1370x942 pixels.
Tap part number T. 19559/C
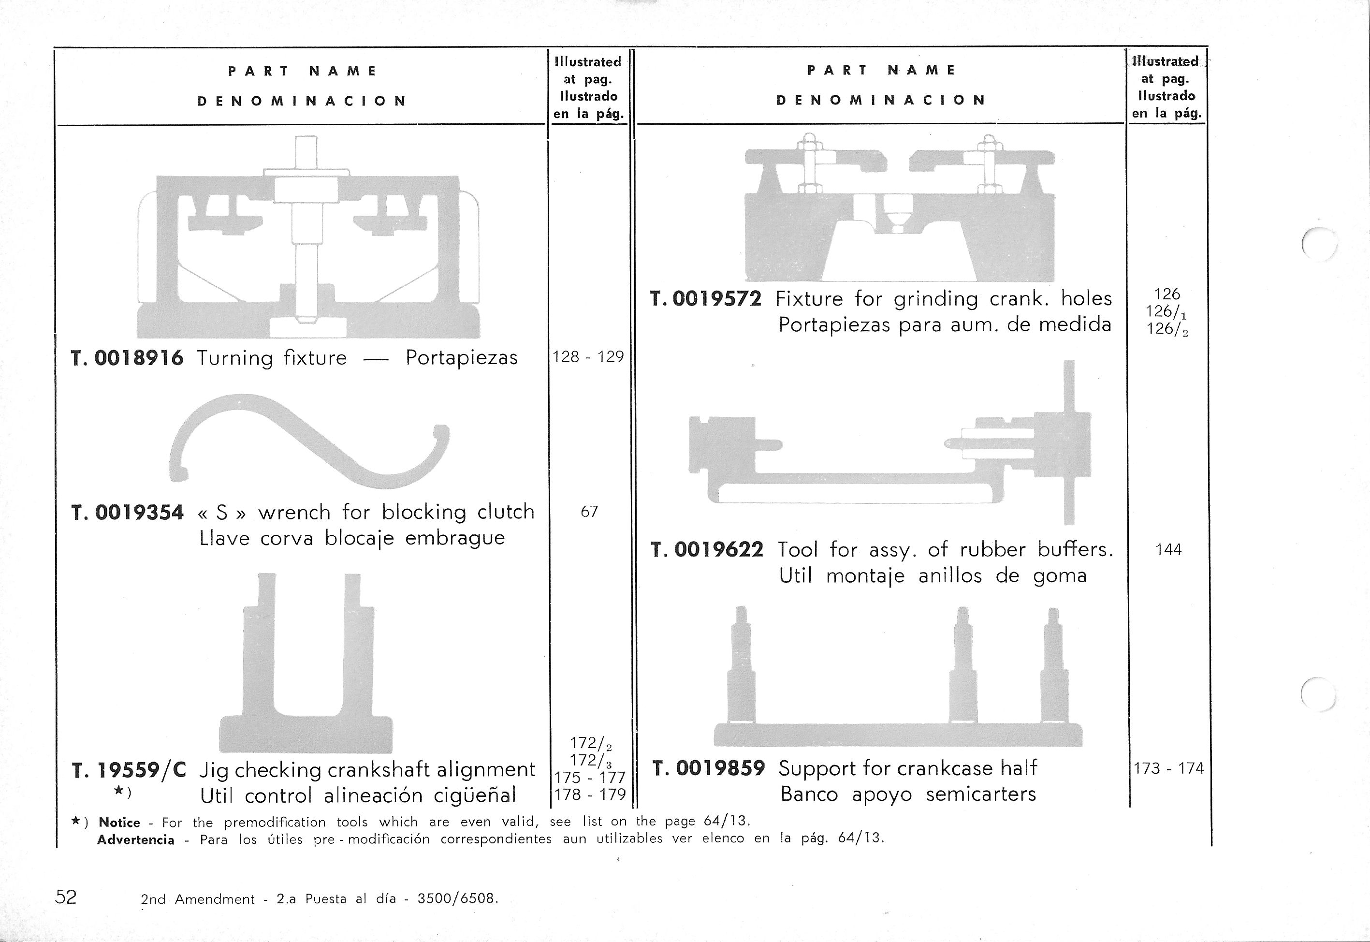pos(129,770)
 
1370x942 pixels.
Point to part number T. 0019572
pos(706,299)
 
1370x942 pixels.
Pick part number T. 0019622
pos(707,550)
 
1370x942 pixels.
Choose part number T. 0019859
pos(709,768)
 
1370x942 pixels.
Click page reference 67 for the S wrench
pos(589,512)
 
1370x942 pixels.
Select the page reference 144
pos(1168,550)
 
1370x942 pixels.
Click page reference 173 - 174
pos(1168,768)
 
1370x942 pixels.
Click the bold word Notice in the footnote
pos(119,823)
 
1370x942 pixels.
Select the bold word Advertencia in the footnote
pos(136,840)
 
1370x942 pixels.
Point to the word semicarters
pos(980,795)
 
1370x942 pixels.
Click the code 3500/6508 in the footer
pos(457,899)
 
